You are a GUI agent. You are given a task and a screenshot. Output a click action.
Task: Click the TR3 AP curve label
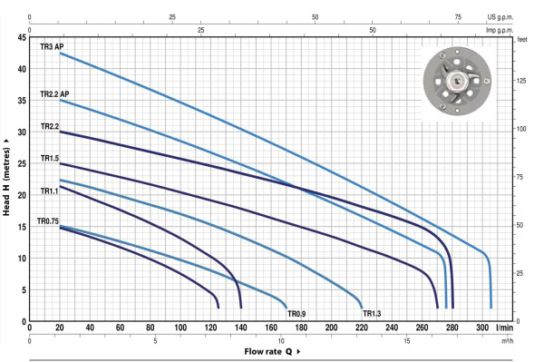click(52, 46)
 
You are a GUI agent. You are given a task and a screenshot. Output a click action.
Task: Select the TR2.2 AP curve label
click(54, 94)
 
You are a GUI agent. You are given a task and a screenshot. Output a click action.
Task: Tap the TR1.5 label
click(50, 158)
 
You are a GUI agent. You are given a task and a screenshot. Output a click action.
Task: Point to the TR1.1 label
click(49, 191)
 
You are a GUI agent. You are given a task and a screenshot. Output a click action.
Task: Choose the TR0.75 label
click(48, 221)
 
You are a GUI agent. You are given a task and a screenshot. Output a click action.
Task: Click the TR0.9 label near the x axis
click(296, 314)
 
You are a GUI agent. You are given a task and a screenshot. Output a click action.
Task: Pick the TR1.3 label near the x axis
click(372, 314)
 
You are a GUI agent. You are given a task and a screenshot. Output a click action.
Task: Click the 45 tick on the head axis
click(22, 37)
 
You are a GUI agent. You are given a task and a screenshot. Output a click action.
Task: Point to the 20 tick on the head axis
click(22, 195)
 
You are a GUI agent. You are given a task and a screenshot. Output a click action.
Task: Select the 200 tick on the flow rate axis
click(331, 328)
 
